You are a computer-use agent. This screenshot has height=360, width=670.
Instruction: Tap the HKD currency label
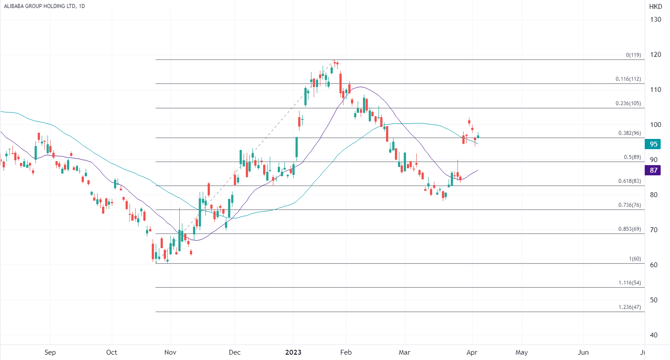pos(655,7)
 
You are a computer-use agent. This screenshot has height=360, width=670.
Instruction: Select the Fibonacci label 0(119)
pos(633,55)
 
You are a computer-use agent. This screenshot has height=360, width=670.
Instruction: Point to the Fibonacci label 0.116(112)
pos(628,79)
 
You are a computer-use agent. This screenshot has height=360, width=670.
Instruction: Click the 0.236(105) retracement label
pos(628,103)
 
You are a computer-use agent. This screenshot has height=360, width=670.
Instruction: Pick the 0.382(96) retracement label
pos(630,133)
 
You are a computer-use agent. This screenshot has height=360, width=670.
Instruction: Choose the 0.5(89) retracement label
pos(632,157)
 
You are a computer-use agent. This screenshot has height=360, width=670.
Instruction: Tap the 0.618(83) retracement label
pos(630,181)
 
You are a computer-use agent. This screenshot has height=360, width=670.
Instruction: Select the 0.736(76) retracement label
pos(630,205)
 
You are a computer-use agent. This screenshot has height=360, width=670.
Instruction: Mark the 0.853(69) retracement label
pos(630,229)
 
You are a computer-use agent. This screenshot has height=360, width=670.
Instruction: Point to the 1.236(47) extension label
pos(630,307)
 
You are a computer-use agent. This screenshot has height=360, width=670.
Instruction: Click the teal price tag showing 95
pos(654,144)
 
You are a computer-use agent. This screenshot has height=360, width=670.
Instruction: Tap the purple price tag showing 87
pos(654,170)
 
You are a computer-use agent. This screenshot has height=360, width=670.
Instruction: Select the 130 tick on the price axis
pos(655,20)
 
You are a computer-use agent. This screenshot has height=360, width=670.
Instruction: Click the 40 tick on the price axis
pos(654,335)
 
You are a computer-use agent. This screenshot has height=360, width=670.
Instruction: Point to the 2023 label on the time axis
pos(293,352)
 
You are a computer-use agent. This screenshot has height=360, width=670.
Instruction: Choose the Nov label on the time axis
pos(170,352)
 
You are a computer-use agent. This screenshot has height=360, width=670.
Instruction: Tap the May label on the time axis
pos(522,352)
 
